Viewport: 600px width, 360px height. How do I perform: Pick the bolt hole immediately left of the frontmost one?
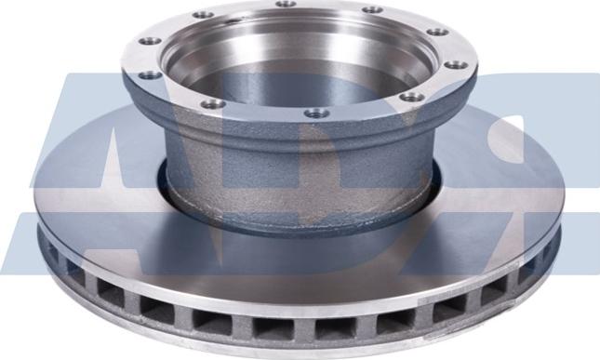(213, 103)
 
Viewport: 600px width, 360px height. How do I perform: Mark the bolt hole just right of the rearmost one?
(371, 10)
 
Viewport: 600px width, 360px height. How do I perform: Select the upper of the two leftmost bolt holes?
(148, 41)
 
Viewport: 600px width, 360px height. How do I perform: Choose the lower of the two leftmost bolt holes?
(149, 76)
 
